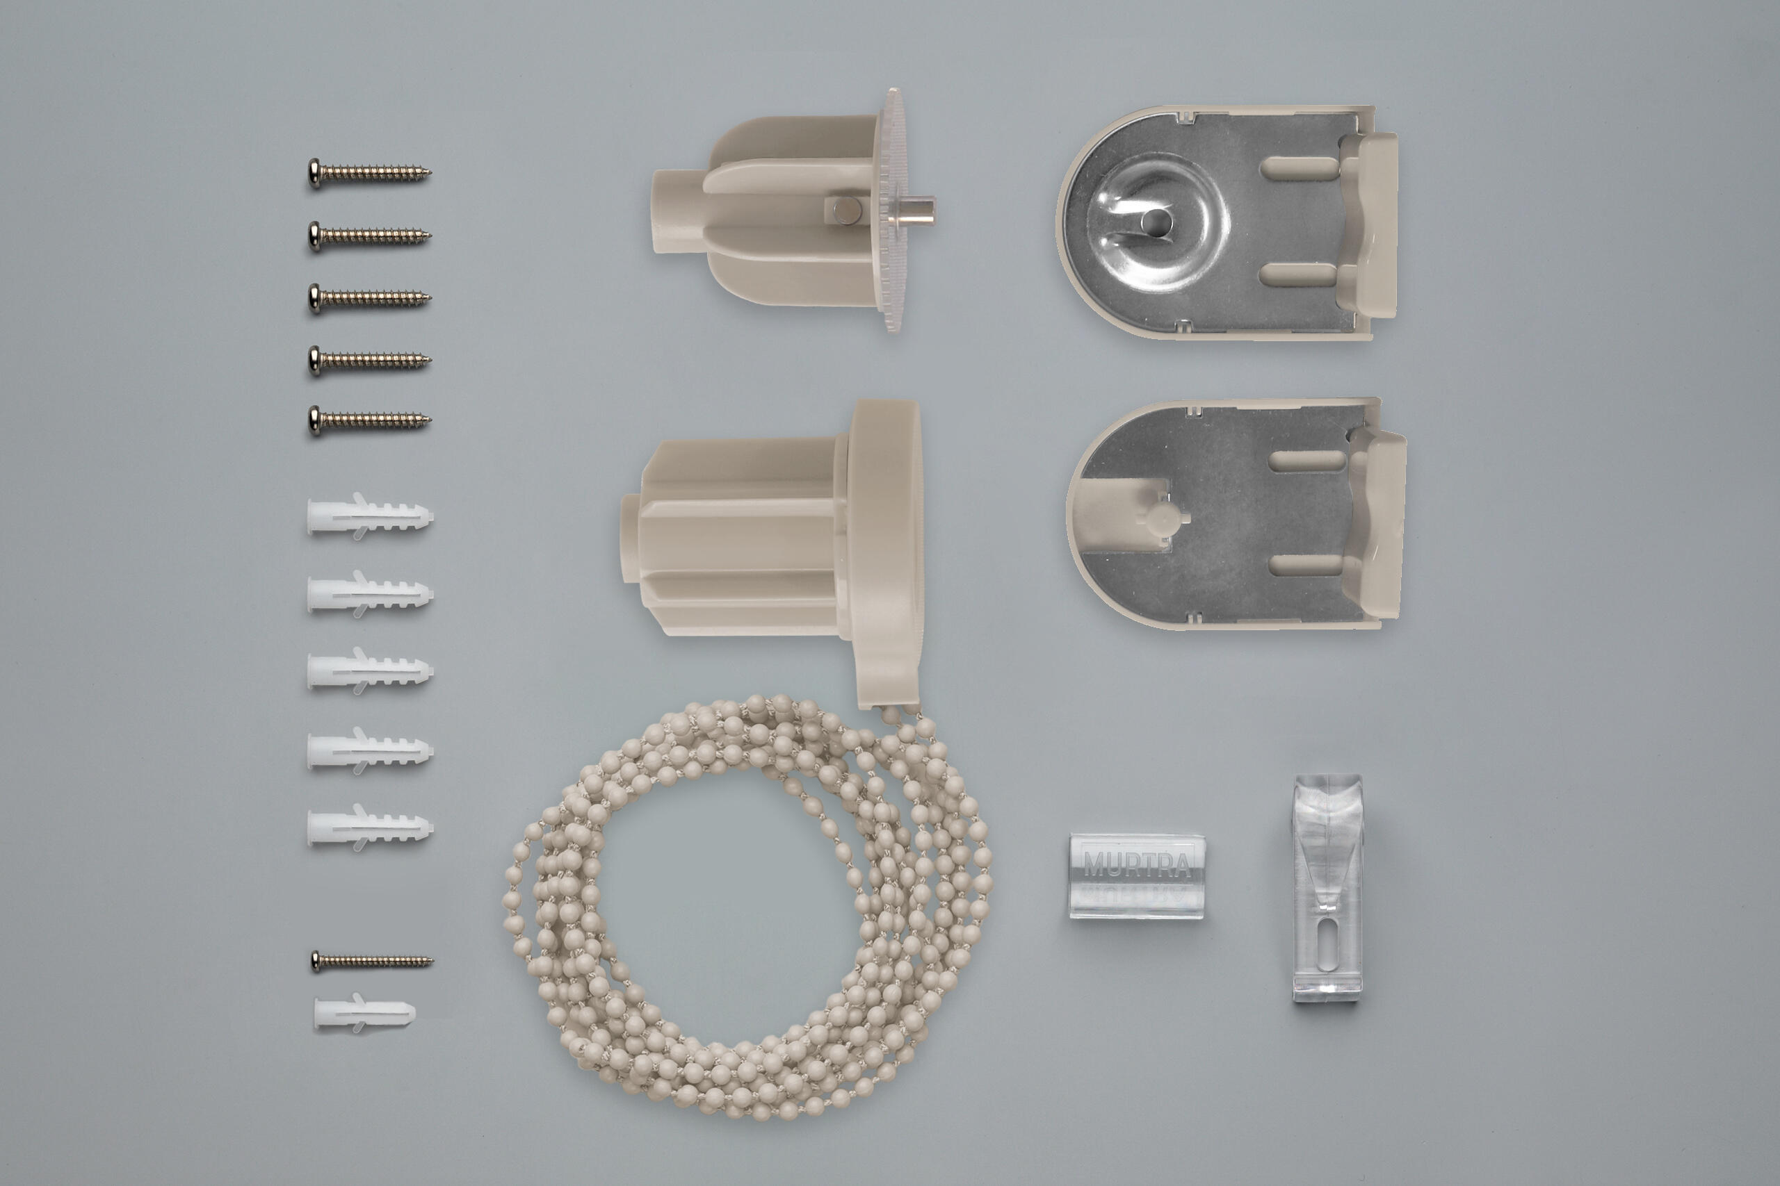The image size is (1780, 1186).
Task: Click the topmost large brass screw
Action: [369, 173]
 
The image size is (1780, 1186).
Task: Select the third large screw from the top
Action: [369, 298]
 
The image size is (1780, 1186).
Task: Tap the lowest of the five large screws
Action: [369, 420]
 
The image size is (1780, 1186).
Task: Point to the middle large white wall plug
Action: [370, 669]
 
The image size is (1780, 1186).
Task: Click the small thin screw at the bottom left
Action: [371, 962]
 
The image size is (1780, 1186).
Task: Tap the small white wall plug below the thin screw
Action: [365, 1012]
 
